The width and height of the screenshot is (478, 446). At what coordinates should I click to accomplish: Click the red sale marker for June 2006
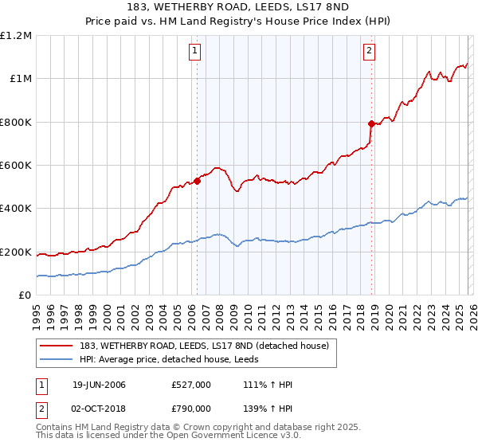[x=197, y=181]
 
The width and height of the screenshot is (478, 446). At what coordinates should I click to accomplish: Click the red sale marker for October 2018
[x=371, y=123]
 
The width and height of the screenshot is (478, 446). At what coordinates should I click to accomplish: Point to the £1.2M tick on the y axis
[x=16, y=36]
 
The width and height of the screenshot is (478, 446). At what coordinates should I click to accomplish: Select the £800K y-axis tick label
[x=16, y=123]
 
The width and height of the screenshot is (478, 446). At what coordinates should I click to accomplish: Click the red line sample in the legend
[x=57, y=345]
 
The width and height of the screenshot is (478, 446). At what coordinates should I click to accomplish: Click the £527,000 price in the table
[x=190, y=385]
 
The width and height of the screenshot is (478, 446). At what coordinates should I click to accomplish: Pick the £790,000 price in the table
[x=190, y=408]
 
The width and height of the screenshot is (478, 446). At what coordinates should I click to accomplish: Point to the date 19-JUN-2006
[x=99, y=385]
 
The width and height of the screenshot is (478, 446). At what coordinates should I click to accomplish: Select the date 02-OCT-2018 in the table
[x=99, y=408]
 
